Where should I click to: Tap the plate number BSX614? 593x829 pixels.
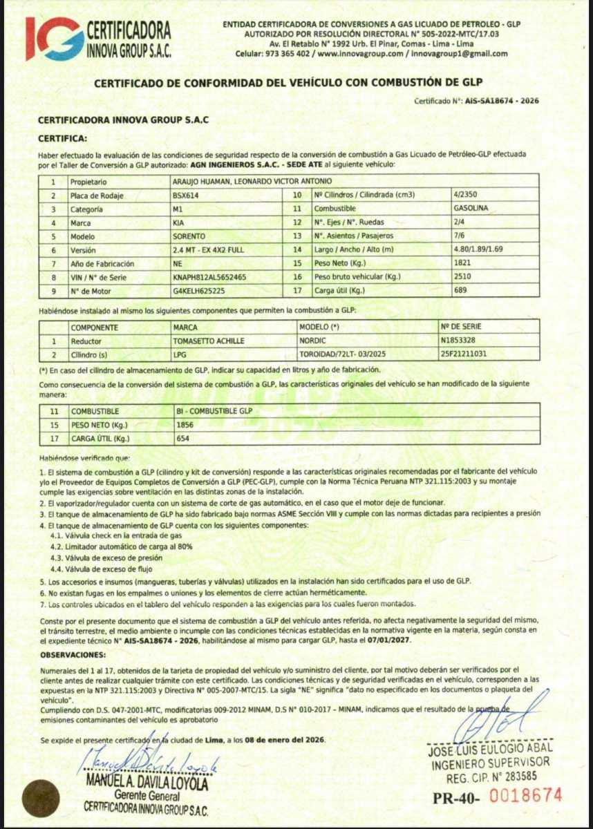(x=183, y=196)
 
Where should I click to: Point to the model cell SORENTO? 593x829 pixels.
(x=189, y=236)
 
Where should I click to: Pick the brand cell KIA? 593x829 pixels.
(x=178, y=222)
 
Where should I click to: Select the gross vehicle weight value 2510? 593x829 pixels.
(x=462, y=277)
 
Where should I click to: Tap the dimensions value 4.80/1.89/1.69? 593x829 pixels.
(x=478, y=249)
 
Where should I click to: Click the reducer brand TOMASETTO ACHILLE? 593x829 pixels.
(x=205, y=341)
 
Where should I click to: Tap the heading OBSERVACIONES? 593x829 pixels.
(x=73, y=654)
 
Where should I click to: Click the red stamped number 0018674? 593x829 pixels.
(x=526, y=795)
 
